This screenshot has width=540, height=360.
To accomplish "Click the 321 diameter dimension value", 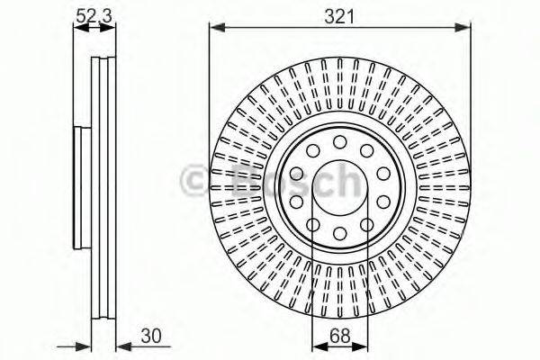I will pos(340,15).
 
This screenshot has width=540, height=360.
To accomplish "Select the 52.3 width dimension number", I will pos(94,15).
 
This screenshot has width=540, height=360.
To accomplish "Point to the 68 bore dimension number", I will pos(340,339).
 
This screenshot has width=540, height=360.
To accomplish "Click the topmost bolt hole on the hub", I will pos(340,143).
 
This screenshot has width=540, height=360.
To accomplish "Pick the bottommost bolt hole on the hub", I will pos(340,236).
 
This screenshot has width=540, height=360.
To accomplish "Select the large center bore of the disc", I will pos(340,190).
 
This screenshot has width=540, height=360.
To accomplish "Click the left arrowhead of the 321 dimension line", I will pos(215,29).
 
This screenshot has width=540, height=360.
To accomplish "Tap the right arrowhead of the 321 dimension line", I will pos(465,29).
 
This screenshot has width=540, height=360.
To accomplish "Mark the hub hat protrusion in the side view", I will pos(77,189).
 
